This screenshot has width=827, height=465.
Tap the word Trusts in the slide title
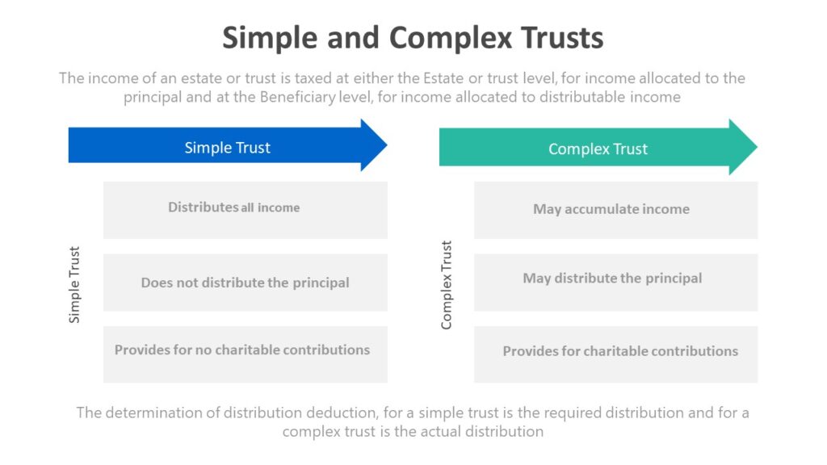562,38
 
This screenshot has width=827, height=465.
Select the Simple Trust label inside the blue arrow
227,148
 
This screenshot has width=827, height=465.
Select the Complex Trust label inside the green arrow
598,149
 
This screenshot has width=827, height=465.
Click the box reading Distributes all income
245,210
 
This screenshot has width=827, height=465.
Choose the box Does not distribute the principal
245,283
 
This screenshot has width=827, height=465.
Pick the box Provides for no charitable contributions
245,354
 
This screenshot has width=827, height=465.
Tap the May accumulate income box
615,210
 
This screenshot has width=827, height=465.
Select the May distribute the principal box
615,282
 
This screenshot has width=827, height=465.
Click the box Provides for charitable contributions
615,354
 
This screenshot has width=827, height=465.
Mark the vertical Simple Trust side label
74,285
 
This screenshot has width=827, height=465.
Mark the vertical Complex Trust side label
447,285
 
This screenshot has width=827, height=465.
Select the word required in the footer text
572,413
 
